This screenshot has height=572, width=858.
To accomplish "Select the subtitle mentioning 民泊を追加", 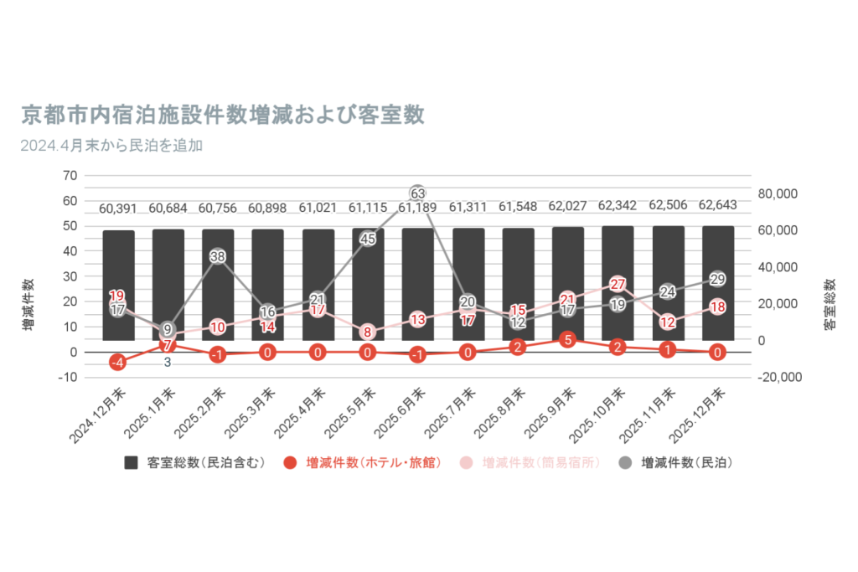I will pos(112,145).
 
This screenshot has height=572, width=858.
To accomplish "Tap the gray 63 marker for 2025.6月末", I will pos(418,193).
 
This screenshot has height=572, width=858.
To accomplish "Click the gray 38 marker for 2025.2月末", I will pos(217,256).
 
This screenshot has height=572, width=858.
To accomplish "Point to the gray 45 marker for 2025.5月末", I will pos(368,239).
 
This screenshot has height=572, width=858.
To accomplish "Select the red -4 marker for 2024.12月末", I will pos(118,363).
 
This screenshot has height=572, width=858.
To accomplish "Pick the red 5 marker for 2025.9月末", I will pos(568,340).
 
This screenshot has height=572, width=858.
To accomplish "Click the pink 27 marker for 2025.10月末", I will pos(618,284).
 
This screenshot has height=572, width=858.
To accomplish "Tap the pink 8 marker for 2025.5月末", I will pos(368,332).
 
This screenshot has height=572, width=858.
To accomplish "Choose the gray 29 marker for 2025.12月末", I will pos(718,279).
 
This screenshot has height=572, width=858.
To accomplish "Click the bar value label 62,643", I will pos(718,207).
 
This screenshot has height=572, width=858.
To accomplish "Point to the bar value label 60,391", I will pos(118,208).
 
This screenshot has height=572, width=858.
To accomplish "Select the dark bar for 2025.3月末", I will pos(267,285).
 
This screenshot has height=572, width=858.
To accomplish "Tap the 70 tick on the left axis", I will pos(69,176).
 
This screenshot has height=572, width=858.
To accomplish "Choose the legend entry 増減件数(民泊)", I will pos(675,462).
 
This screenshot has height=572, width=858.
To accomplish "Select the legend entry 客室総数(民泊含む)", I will pos(195,462).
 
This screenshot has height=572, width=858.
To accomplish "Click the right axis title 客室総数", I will pos(830,304).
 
